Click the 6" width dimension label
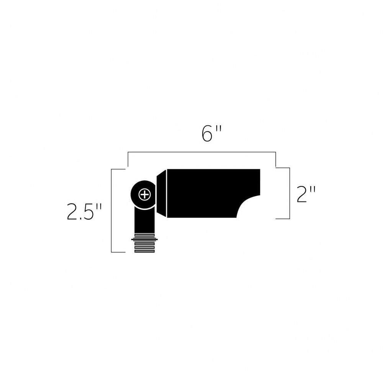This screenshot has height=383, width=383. tap(211, 133)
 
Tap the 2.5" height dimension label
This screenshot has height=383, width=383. tap(84, 211)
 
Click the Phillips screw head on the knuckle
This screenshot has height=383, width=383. tap(145, 195)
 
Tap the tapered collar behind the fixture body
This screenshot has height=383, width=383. tap(161, 193)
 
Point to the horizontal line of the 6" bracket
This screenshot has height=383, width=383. tap(202, 152)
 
